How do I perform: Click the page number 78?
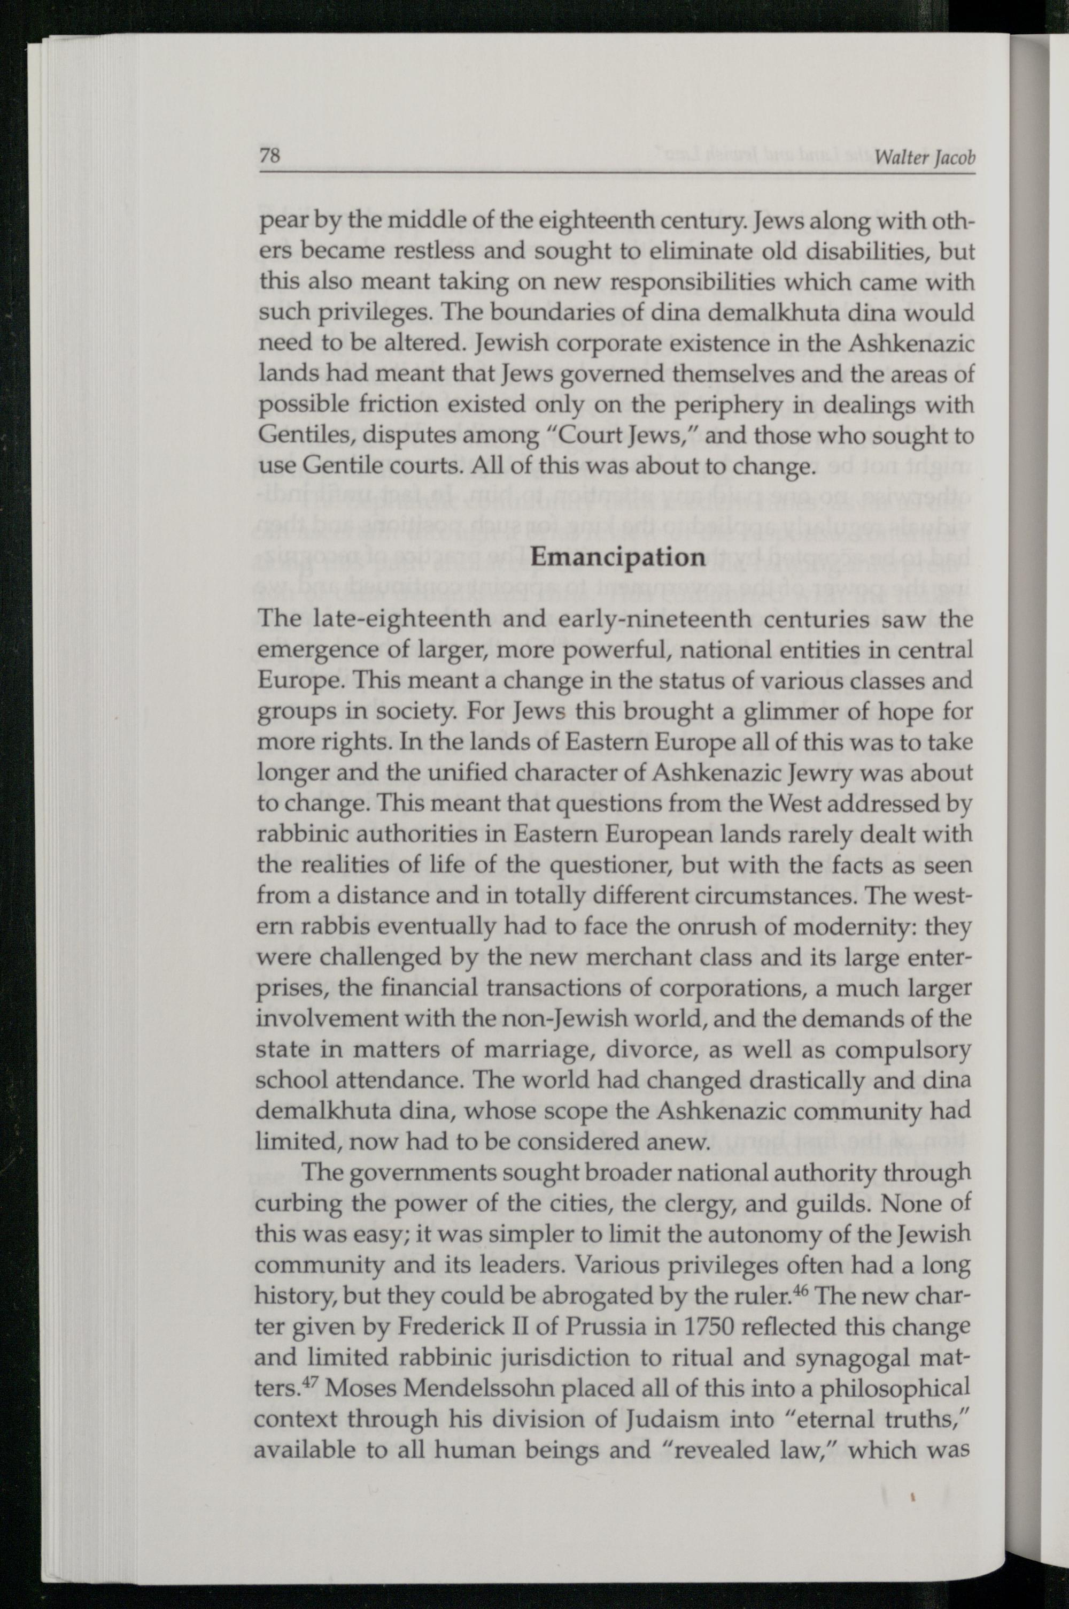270,156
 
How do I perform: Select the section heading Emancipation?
617,557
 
